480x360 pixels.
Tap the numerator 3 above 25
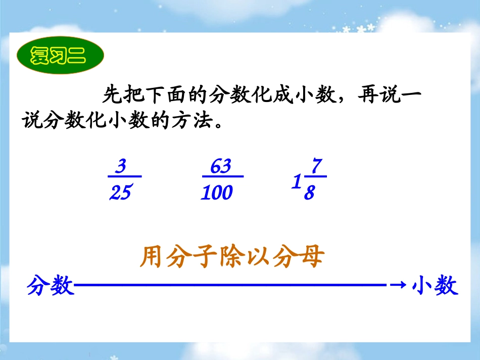pyautogui.click(x=120, y=167)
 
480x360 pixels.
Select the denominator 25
pyautogui.click(x=120, y=192)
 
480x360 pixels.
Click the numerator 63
pyautogui.click(x=221, y=167)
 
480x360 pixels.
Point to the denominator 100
pyautogui.click(x=217, y=192)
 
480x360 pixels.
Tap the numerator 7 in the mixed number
pyautogui.click(x=316, y=166)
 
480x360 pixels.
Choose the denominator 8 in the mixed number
pyautogui.click(x=309, y=193)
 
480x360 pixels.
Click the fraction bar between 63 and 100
pyautogui.click(x=222, y=177)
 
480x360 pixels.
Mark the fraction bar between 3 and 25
pyautogui.click(x=124, y=177)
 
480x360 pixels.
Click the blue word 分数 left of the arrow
pyautogui.click(x=51, y=286)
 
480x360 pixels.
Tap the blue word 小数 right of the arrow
pyautogui.click(x=435, y=286)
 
